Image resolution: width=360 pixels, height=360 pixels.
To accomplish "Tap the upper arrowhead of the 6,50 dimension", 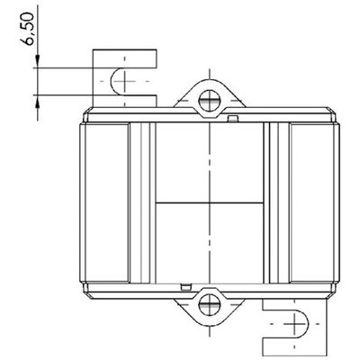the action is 38,61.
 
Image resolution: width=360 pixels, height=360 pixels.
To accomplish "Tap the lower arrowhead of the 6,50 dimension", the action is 38,102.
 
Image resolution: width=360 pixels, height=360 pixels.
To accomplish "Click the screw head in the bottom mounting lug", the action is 209,305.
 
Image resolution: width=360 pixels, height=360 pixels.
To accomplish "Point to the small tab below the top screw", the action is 233,119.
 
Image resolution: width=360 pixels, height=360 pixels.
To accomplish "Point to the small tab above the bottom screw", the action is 186,287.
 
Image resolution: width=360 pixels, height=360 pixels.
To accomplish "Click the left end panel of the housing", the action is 107,202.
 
